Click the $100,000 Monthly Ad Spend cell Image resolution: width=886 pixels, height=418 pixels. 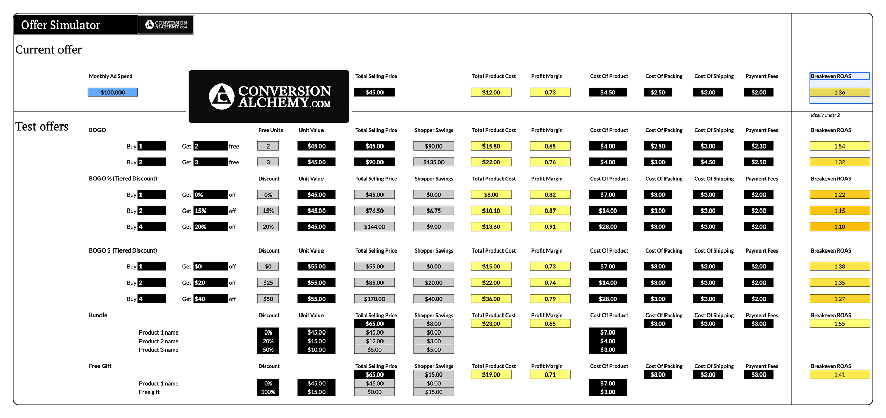pyautogui.click(x=113, y=92)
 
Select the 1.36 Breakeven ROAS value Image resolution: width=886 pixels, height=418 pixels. pyautogui.click(x=839, y=92)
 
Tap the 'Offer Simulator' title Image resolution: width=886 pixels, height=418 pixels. pyautogui.click(x=61, y=25)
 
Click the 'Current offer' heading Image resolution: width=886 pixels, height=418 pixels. pyautogui.click(x=49, y=50)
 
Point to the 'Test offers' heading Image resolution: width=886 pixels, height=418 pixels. pyautogui.click(x=42, y=127)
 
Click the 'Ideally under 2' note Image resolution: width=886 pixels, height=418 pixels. pyautogui.click(x=825, y=115)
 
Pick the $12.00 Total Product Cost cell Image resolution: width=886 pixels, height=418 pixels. pyautogui.click(x=491, y=92)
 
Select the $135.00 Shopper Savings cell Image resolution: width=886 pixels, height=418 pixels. pyautogui.click(x=433, y=162)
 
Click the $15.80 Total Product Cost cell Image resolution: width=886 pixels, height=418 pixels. pyautogui.click(x=491, y=146)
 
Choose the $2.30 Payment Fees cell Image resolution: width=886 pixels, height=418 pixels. pyautogui.click(x=758, y=146)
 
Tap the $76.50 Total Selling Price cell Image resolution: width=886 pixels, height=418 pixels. pyautogui.click(x=374, y=211)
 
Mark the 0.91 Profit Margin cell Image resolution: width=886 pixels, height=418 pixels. pyautogui.click(x=550, y=226)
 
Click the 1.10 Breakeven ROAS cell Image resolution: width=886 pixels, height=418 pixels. pyautogui.click(x=839, y=226)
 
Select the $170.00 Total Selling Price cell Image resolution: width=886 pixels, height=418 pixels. pyautogui.click(x=374, y=299)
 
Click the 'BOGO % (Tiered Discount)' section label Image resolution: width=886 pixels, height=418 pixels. pyautogui.click(x=123, y=179)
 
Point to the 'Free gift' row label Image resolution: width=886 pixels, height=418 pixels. pyautogui.click(x=149, y=392)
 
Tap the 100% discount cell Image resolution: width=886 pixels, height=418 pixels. pyautogui.click(x=268, y=392)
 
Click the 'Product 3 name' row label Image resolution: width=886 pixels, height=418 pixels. pyautogui.click(x=158, y=350)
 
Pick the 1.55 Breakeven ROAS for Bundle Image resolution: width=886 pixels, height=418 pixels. pyautogui.click(x=839, y=324)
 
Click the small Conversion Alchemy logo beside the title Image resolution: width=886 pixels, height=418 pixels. pyautogui.click(x=166, y=25)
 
